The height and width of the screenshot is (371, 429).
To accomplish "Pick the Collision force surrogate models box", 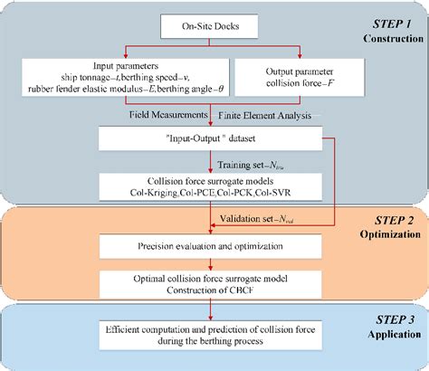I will (210, 186).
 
